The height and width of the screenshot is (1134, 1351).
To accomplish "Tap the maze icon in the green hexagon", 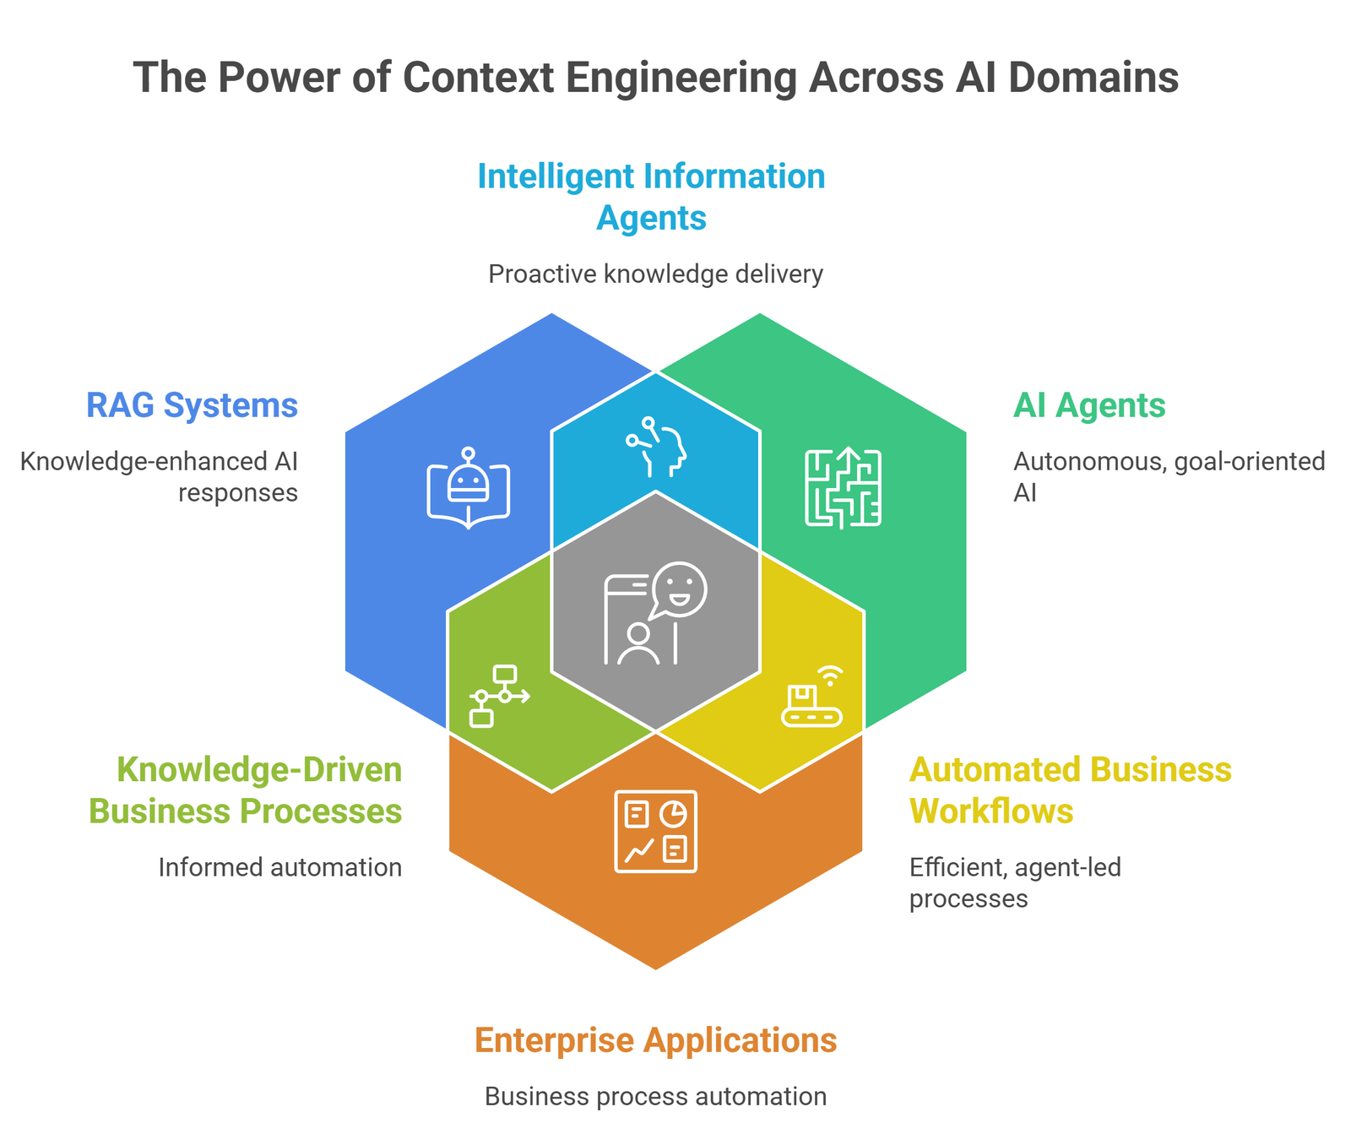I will (x=843, y=488).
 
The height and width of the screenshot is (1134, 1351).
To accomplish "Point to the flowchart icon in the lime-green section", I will (x=498, y=696).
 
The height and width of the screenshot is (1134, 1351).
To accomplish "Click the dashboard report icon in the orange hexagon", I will (x=656, y=831).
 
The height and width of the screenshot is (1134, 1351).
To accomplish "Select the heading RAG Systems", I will (x=192, y=405).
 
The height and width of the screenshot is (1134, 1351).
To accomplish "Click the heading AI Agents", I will (x=1089, y=405).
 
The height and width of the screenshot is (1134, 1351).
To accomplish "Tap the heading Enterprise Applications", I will (x=656, y=1040).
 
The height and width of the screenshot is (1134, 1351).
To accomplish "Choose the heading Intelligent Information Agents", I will (x=651, y=197).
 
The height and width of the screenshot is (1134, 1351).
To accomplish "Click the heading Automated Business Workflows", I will (x=1070, y=790).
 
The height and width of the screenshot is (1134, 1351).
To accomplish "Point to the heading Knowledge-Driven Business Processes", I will (x=246, y=790).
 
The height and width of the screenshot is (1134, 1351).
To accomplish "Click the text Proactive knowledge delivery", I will (x=655, y=274).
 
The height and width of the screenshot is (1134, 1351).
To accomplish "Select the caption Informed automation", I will (x=279, y=867).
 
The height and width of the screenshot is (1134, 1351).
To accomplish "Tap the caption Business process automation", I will (x=655, y=1097).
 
